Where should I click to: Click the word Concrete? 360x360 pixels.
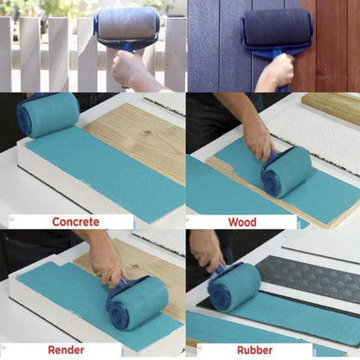[x=76, y=222]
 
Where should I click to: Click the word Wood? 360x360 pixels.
[x=242, y=222]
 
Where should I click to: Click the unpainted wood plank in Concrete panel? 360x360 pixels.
[x=138, y=130]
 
